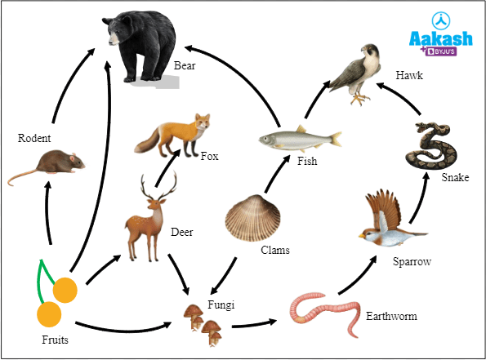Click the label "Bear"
tap(185, 65)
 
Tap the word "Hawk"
tap(409, 75)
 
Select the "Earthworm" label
tap(391, 316)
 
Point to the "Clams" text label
tap(275, 250)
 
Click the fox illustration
tap(172, 136)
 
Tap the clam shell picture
tap(252, 218)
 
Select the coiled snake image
tap(432, 145)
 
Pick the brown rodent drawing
tap(47, 166)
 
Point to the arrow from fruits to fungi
tap(123, 330)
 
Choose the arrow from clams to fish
tap(277, 174)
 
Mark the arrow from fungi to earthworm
tap(254, 323)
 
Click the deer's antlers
tap(158, 186)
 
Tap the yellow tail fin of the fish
tap(336, 139)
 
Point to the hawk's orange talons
tap(359, 100)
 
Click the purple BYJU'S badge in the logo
tap(441, 51)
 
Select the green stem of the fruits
tap(42, 279)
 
